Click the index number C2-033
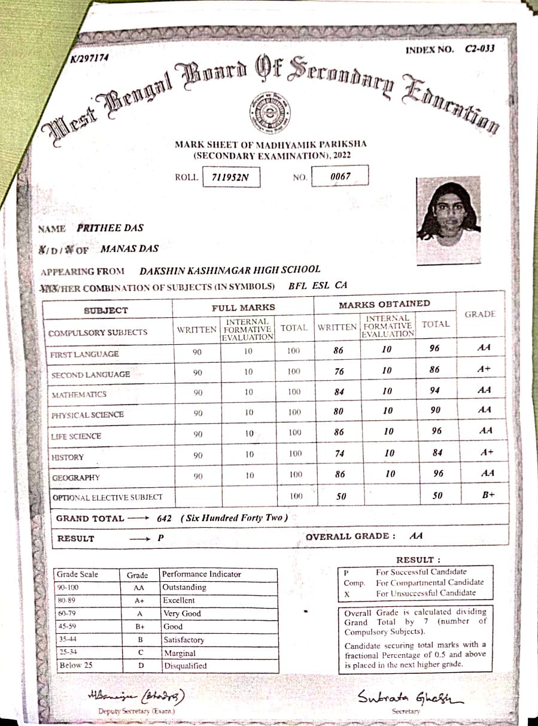point(480,49)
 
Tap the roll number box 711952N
point(230,177)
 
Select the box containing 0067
point(340,177)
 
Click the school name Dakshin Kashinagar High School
point(230,270)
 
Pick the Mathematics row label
point(79,394)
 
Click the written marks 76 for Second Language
point(339,371)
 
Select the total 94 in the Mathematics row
point(435,391)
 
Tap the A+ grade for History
point(485,452)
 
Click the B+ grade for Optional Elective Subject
point(486,495)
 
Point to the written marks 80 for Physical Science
point(339,411)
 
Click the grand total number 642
point(165,518)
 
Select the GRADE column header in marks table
point(479,314)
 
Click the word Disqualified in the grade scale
point(185,666)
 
